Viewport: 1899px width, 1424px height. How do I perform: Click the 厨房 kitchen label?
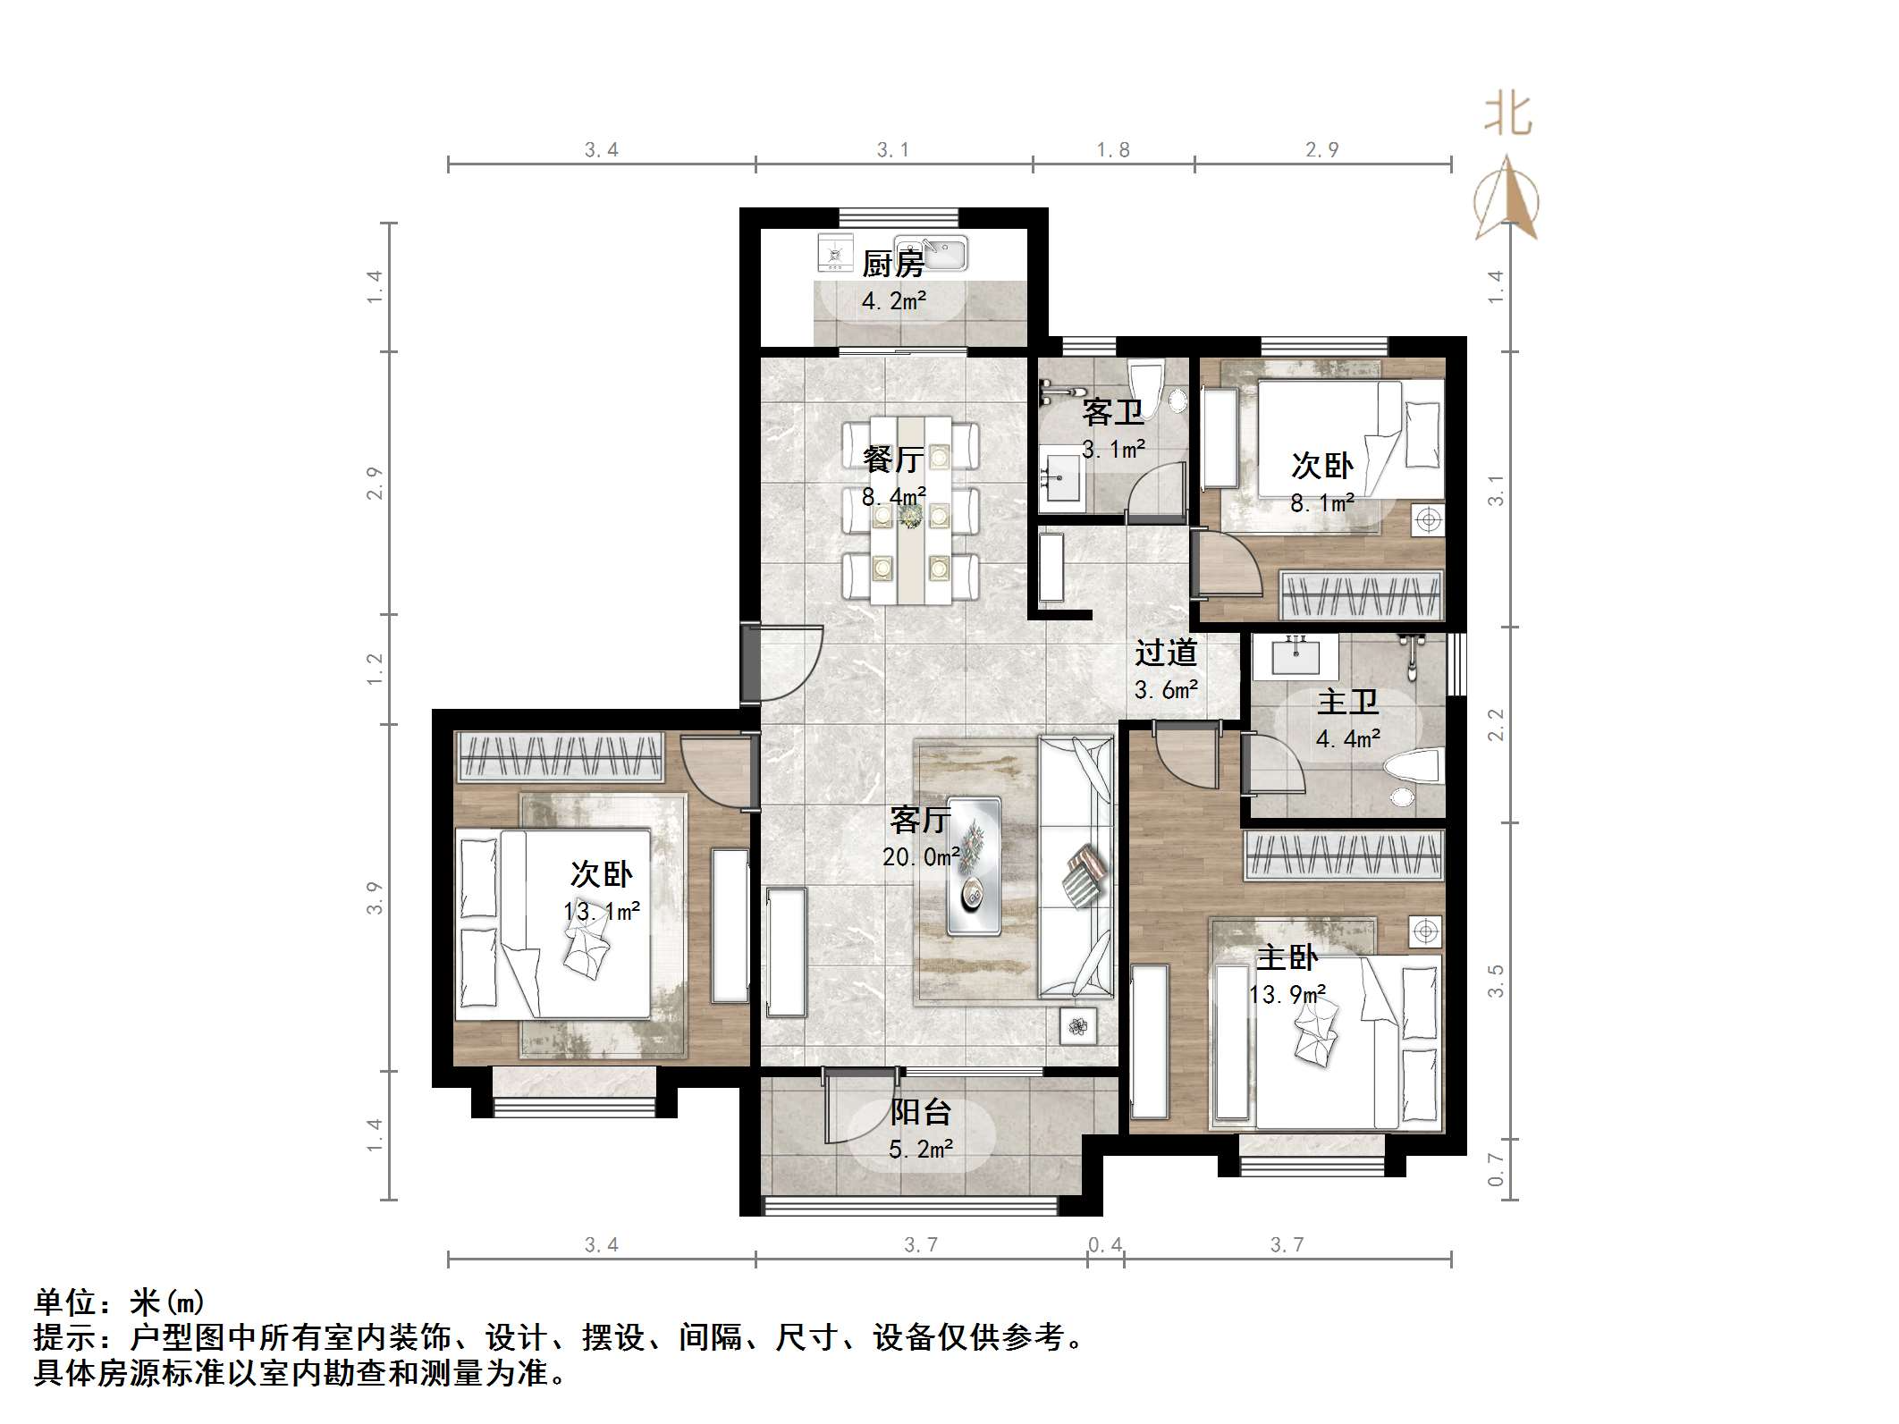pyautogui.click(x=892, y=264)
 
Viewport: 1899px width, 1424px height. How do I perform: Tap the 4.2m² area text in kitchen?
pyautogui.click(x=892, y=301)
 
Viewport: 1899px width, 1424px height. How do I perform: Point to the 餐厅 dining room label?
pyautogui.click(x=892, y=459)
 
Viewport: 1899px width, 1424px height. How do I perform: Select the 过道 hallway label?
pyautogui.click(x=1165, y=653)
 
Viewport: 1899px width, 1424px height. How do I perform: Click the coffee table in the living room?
pyautogui.click(x=973, y=864)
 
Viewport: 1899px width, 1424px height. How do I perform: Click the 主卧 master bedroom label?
pyautogui.click(x=1287, y=957)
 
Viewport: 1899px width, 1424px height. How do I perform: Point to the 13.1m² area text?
pyautogui.click(x=601, y=911)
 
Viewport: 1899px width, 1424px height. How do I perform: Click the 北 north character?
pyautogui.click(x=1507, y=116)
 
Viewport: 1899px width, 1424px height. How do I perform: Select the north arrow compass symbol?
pyautogui.click(x=1507, y=198)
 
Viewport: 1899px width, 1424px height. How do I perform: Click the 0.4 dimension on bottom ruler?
pyautogui.click(x=1105, y=1244)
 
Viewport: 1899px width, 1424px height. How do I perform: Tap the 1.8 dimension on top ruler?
pyautogui.click(x=1113, y=149)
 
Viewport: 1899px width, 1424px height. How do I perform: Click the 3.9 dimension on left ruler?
pyautogui.click(x=375, y=897)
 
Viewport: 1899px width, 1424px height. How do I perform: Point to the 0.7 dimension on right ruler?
pyautogui.click(x=1496, y=1169)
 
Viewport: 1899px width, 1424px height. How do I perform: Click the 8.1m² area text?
pyautogui.click(x=1321, y=503)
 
